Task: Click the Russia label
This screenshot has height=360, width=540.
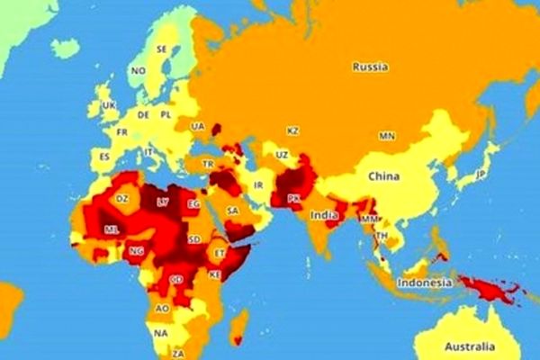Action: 370,66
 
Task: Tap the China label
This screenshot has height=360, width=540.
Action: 382,177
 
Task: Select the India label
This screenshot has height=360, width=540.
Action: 324,215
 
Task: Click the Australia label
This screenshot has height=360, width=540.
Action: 468,346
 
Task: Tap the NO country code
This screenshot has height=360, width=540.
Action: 138,70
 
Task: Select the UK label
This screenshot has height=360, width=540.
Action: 110,104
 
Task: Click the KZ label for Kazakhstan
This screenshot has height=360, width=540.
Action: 292,130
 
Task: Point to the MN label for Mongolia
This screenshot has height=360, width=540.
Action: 386,136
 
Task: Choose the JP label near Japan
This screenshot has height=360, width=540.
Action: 481,174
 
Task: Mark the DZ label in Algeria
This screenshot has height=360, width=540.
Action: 123,198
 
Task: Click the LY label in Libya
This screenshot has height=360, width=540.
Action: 162,202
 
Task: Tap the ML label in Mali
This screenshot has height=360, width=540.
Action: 111,229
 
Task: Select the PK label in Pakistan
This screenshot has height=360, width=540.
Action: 293,198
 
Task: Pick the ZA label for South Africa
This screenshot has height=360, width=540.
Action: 178,354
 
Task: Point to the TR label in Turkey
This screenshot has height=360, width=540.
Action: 208,164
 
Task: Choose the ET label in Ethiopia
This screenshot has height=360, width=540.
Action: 220,253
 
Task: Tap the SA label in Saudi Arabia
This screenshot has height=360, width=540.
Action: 232,211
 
